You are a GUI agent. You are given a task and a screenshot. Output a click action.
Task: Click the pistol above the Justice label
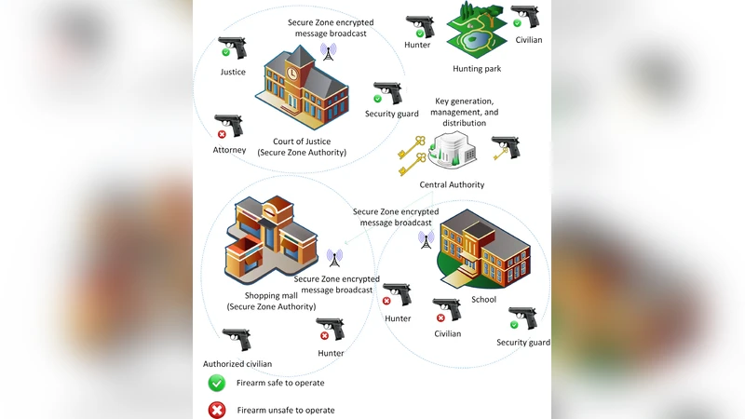coord(232,47)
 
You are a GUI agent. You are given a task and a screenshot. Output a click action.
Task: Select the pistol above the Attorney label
coord(228,126)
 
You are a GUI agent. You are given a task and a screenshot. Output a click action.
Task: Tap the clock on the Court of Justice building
coord(293,73)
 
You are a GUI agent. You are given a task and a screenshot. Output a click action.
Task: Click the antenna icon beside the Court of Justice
coord(328,51)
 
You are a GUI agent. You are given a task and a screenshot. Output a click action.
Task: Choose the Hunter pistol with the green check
coord(420,25)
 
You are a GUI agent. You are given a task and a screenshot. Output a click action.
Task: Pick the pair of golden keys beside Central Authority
coord(411,155)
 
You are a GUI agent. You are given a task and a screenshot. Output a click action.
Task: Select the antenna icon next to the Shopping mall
coord(334,257)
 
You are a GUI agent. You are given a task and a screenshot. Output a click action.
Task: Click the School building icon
coord(482,250)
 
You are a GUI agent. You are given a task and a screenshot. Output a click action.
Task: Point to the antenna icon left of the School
coord(426,238)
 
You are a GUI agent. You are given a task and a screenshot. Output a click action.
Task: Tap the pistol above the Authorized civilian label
coord(237,339)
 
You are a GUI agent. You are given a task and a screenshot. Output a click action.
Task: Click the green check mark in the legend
coord(217,383)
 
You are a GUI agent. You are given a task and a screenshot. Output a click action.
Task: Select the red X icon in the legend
coord(217,410)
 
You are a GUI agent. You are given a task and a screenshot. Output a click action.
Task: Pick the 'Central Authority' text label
coord(452,184)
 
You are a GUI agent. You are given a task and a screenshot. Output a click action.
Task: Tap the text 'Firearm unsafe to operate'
coord(285,410)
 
